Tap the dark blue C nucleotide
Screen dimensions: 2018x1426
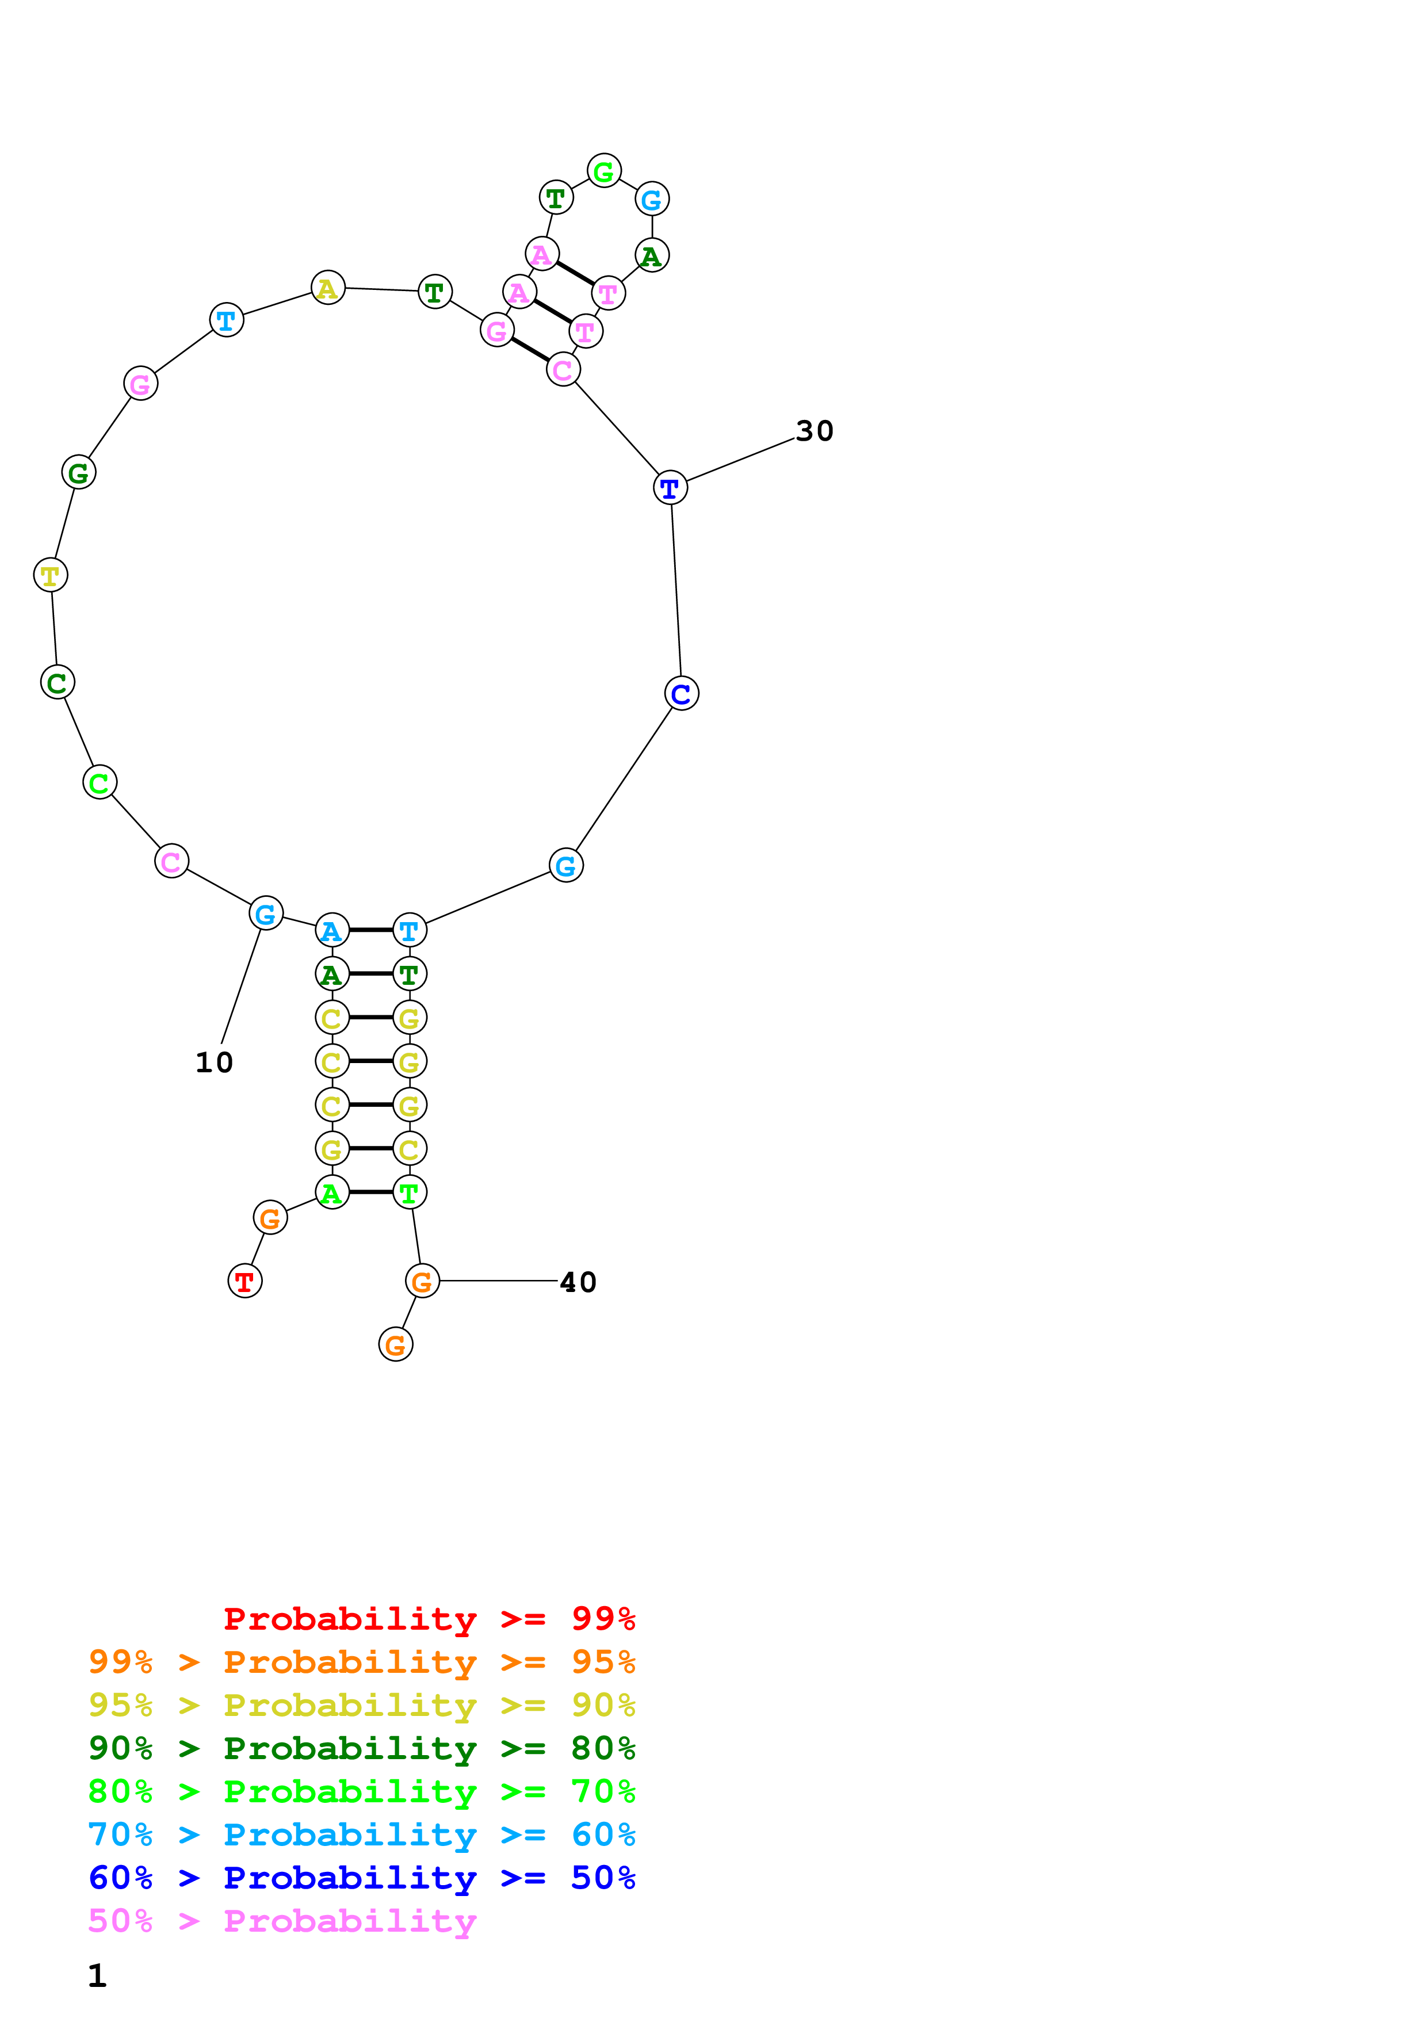click(x=682, y=693)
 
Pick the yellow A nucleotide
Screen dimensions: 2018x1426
click(x=328, y=288)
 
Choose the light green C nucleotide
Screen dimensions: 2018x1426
click(x=100, y=782)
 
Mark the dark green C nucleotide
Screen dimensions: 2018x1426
click(x=57, y=682)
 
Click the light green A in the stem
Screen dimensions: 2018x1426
click(x=332, y=1193)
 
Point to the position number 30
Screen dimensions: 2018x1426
click(x=815, y=431)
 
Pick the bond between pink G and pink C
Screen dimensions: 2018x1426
click(x=530, y=350)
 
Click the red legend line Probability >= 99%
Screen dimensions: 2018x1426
click(x=429, y=1618)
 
